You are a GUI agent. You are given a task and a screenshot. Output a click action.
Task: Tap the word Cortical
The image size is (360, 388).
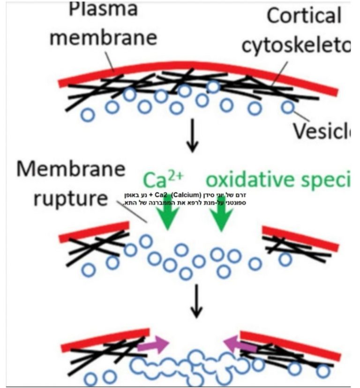click(304, 16)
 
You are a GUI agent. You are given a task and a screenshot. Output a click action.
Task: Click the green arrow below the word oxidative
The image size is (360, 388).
click(221, 216)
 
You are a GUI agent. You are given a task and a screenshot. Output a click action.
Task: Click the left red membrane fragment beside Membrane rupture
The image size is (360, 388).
click(94, 232)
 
